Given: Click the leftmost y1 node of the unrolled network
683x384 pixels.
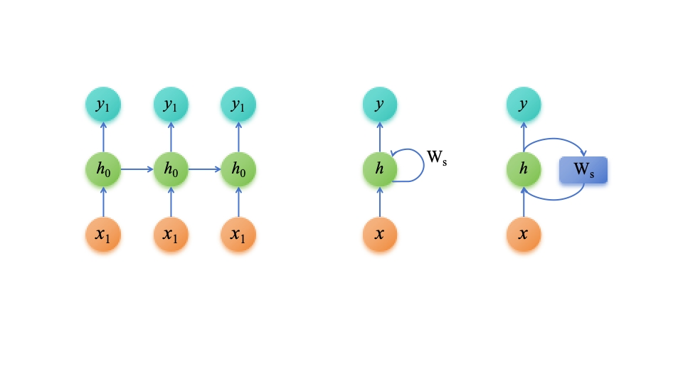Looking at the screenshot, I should point(102,106).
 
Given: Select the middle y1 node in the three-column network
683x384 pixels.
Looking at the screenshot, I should point(171,106).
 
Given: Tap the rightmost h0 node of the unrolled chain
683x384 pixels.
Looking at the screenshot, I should point(238,171).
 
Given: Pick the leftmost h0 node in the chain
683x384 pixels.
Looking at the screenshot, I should point(102,171).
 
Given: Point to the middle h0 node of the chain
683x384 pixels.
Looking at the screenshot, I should point(171,171).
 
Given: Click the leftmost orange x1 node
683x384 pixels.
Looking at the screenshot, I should point(102,235).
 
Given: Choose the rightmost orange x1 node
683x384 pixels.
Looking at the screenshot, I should point(238,235).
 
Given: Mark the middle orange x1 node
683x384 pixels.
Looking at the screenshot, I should point(171,235).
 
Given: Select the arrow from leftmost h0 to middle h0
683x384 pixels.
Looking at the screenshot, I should point(137,170).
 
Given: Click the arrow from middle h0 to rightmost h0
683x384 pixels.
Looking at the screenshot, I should point(205,170).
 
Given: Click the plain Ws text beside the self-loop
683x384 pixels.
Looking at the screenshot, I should point(437,159).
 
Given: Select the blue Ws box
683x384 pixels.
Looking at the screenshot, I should point(583,171).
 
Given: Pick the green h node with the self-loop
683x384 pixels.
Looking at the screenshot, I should point(380,171).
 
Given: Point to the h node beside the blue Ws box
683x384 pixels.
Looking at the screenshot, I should point(524,171).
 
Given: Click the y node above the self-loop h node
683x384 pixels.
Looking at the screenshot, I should point(380,106).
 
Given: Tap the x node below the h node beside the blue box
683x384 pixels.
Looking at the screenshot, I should point(524,235).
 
